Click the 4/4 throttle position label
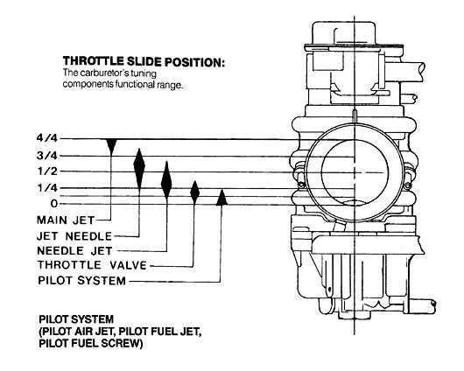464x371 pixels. (47, 138)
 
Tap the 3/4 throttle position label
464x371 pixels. (47, 156)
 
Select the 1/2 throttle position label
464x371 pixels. (47, 171)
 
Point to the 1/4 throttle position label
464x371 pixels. (47, 188)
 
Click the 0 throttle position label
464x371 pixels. (54, 204)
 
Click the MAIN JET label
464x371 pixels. (66, 220)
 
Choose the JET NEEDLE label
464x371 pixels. (74, 236)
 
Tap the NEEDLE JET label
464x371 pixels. (75, 251)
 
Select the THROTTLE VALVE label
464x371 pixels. (92, 265)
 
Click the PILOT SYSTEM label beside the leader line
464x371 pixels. (82, 281)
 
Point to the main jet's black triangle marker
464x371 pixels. (111, 145)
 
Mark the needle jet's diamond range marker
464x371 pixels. (166, 180)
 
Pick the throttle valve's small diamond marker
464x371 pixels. (194, 192)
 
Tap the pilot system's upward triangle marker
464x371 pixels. (221, 198)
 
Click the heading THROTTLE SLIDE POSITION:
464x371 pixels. (144, 61)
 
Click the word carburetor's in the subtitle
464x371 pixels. (102, 73)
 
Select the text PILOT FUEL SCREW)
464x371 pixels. (91, 343)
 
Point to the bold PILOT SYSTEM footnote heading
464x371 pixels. (76, 319)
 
